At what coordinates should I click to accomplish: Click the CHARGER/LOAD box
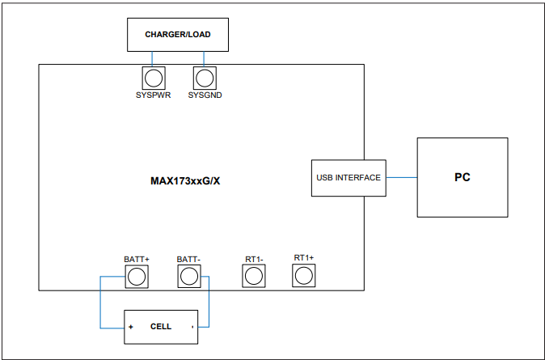click(177, 35)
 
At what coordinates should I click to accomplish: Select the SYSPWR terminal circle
click(154, 78)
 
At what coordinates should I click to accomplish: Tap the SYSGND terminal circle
click(205, 78)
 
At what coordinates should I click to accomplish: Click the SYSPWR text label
click(154, 95)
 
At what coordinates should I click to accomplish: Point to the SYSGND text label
click(205, 95)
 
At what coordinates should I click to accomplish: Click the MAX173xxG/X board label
click(185, 181)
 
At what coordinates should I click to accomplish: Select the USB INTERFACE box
click(348, 177)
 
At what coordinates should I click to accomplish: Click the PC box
click(462, 177)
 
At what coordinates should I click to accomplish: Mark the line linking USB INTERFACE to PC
click(401, 177)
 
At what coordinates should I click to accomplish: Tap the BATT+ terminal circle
click(137, 277)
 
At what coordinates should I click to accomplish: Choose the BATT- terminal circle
click(188, 277)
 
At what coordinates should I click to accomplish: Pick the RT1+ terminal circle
click(303, 276)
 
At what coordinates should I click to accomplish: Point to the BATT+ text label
click(137, 259)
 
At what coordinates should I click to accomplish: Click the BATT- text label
click(188, 259)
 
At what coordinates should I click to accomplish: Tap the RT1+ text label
click(304, 257)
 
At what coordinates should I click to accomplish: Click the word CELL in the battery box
click(161, 327)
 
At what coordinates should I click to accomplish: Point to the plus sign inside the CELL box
click(130, 328)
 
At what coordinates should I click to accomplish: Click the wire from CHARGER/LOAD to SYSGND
click(205, 59)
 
